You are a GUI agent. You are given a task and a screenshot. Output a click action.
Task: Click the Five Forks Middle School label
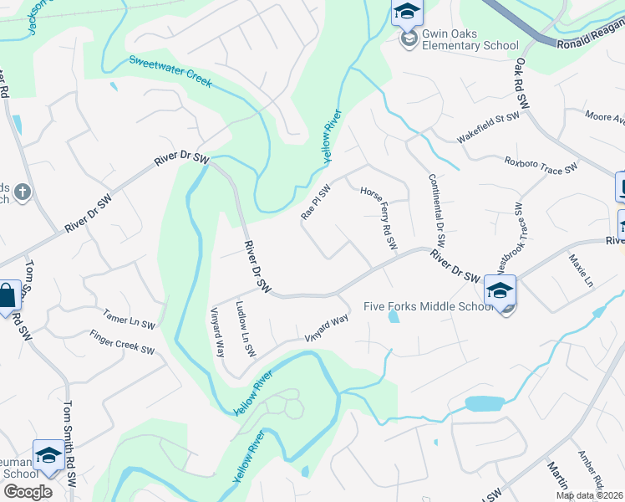tap(429, 306)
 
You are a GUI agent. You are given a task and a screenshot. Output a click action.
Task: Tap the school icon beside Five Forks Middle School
tap(500, 291)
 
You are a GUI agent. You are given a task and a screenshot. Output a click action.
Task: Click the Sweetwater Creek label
tap(170, 73)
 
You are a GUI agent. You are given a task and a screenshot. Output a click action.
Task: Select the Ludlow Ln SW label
tap(244, 329)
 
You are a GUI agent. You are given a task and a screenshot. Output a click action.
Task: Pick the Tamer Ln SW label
tap(129, 318)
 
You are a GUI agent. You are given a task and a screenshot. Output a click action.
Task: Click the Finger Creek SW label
tap(123, 342)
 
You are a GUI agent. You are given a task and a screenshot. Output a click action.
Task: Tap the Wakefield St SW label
tap(488, 128)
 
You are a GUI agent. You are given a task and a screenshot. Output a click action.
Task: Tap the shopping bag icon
tap(7, 296)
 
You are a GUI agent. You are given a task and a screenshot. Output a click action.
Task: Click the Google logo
tap(28, 492)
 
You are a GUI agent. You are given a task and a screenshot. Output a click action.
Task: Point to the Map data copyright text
tap(588, 495)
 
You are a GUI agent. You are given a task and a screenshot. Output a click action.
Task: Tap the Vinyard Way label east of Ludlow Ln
tap(326, 327)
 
